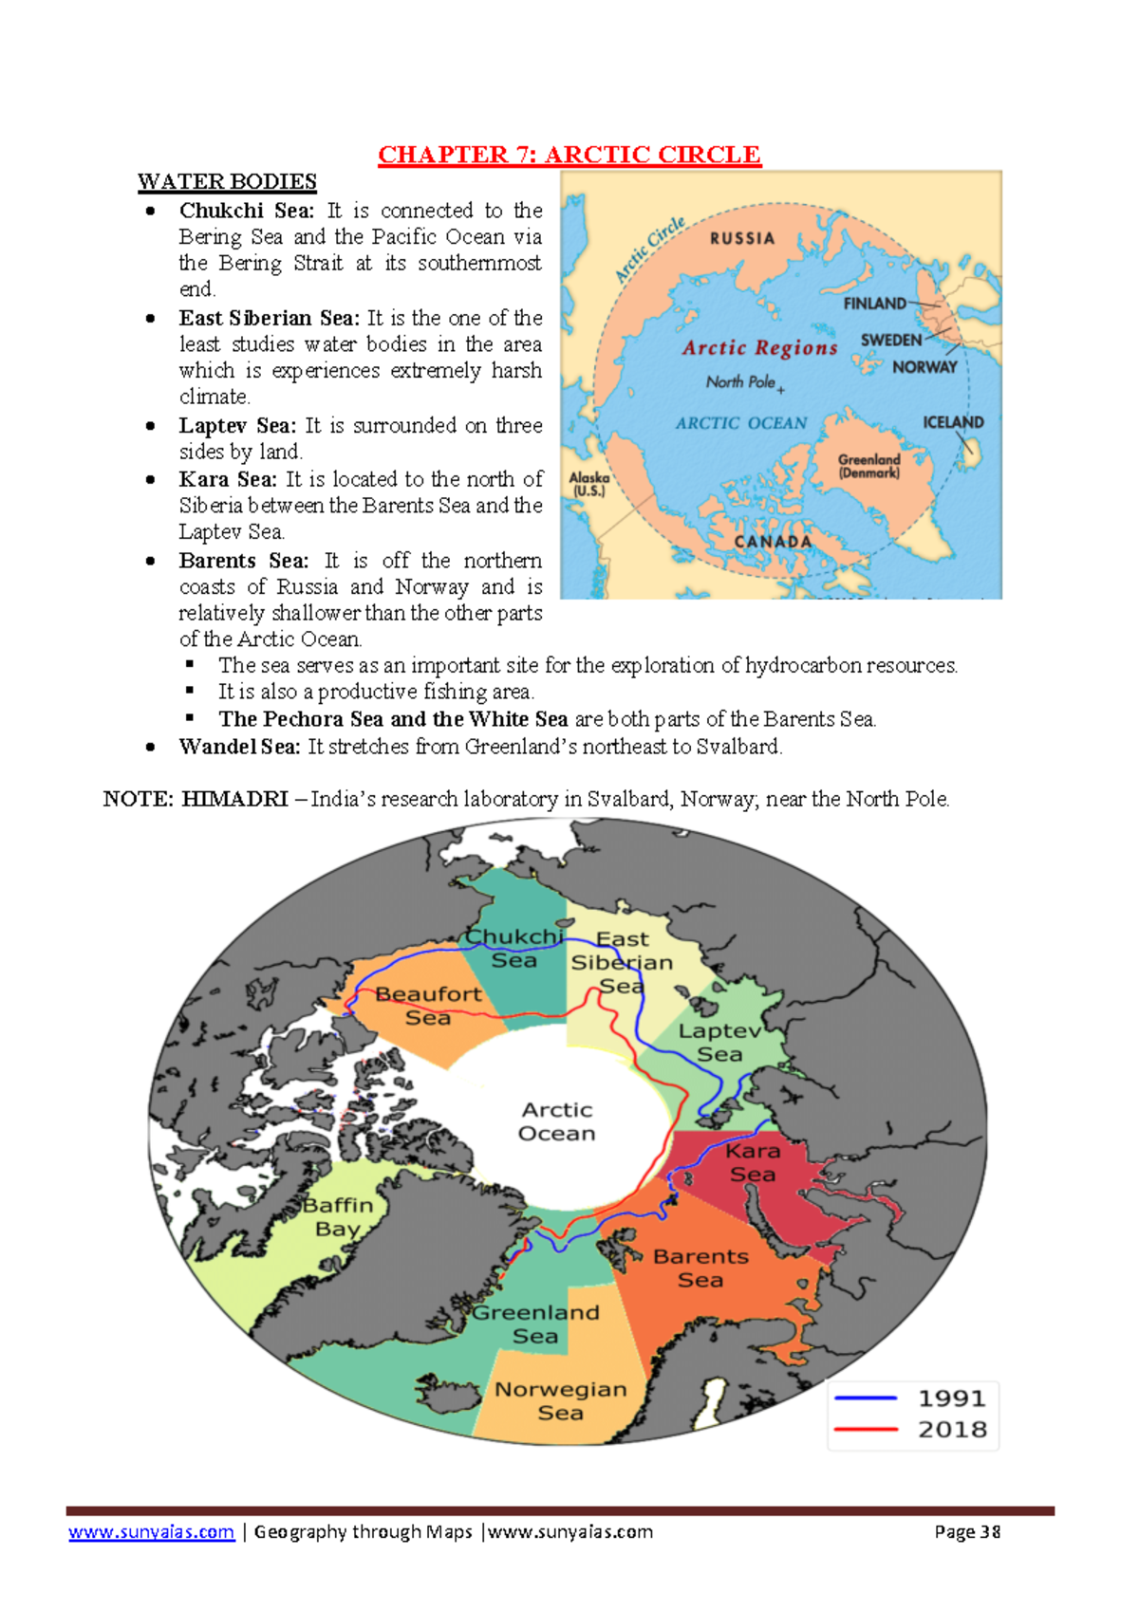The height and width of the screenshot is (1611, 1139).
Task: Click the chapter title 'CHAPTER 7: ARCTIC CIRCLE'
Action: (x=569, y=155)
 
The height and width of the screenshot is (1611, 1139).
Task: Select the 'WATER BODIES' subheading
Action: (x=227, y=181)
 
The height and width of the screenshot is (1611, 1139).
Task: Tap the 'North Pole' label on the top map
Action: (x=741, y=381)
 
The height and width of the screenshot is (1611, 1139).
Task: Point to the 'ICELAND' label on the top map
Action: (x=953, y=422)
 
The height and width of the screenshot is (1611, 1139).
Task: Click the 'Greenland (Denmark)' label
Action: (x=868, y=466)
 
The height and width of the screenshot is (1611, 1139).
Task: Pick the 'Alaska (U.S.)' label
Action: (x=588, y=485)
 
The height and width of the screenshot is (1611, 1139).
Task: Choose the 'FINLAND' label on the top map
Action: (x=874, y=304)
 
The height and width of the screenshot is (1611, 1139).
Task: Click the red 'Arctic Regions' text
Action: (x=760, y=348)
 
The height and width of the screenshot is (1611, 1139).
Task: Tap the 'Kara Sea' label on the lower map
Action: (x=753, y=1162)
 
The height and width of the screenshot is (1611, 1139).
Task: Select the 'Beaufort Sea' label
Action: (x=428, y=1006)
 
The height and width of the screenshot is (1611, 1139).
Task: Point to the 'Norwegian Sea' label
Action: (x=561, y=1400)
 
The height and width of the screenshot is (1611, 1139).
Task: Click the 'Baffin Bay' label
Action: (x=338, y=1216)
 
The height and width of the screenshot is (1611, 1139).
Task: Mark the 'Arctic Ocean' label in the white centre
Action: (x=557, y=1121)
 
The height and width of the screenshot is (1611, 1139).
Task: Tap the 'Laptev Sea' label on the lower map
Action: (x=719, y=1042)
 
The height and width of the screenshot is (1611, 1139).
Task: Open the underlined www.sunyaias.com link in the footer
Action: (x=151, y=1531)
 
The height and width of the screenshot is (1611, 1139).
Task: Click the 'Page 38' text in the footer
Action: (x=967, y=1531)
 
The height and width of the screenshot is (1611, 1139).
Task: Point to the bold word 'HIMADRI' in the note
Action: (x=234, y=799)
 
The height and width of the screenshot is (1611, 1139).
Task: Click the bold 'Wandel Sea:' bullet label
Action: (x=239, y=747)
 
